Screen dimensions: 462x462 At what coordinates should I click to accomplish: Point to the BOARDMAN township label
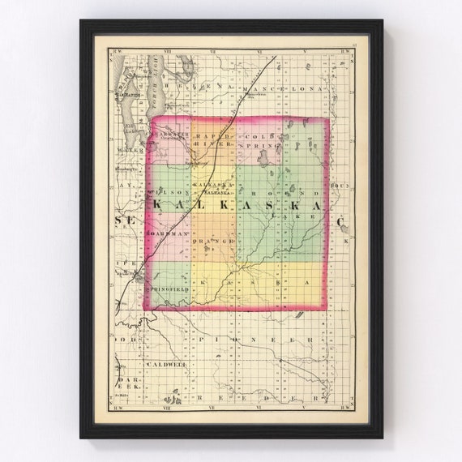pyautogui.click(x=169, y=233)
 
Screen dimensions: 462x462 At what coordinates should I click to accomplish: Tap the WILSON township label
pyautogui.click(x=169, y=192)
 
